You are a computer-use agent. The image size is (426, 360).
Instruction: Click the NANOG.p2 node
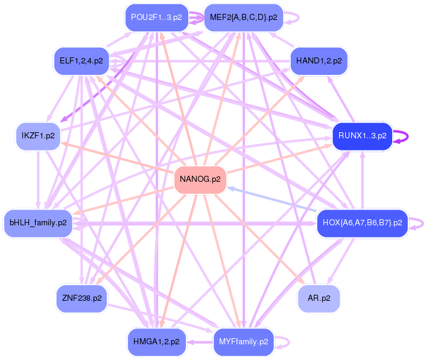point(200,179)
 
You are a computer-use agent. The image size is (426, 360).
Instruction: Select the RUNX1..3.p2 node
point(363,136)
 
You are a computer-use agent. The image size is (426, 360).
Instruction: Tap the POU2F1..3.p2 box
point(156,18)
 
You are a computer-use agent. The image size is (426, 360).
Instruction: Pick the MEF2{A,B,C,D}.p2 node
point(243,18)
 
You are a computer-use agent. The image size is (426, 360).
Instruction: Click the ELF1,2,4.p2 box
point(81,60)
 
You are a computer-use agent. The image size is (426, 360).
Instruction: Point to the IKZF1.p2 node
point(39,135)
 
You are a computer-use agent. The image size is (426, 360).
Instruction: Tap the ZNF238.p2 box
point(81,298)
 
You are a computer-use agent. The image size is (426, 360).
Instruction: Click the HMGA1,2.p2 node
point(157,341)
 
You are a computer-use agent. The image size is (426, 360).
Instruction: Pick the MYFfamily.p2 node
point(244,341)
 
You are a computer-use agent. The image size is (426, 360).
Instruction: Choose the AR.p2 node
point(319,298)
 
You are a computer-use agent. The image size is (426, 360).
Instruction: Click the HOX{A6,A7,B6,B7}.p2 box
point(363,223)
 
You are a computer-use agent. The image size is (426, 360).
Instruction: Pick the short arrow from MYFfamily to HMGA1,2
point(200,342)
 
